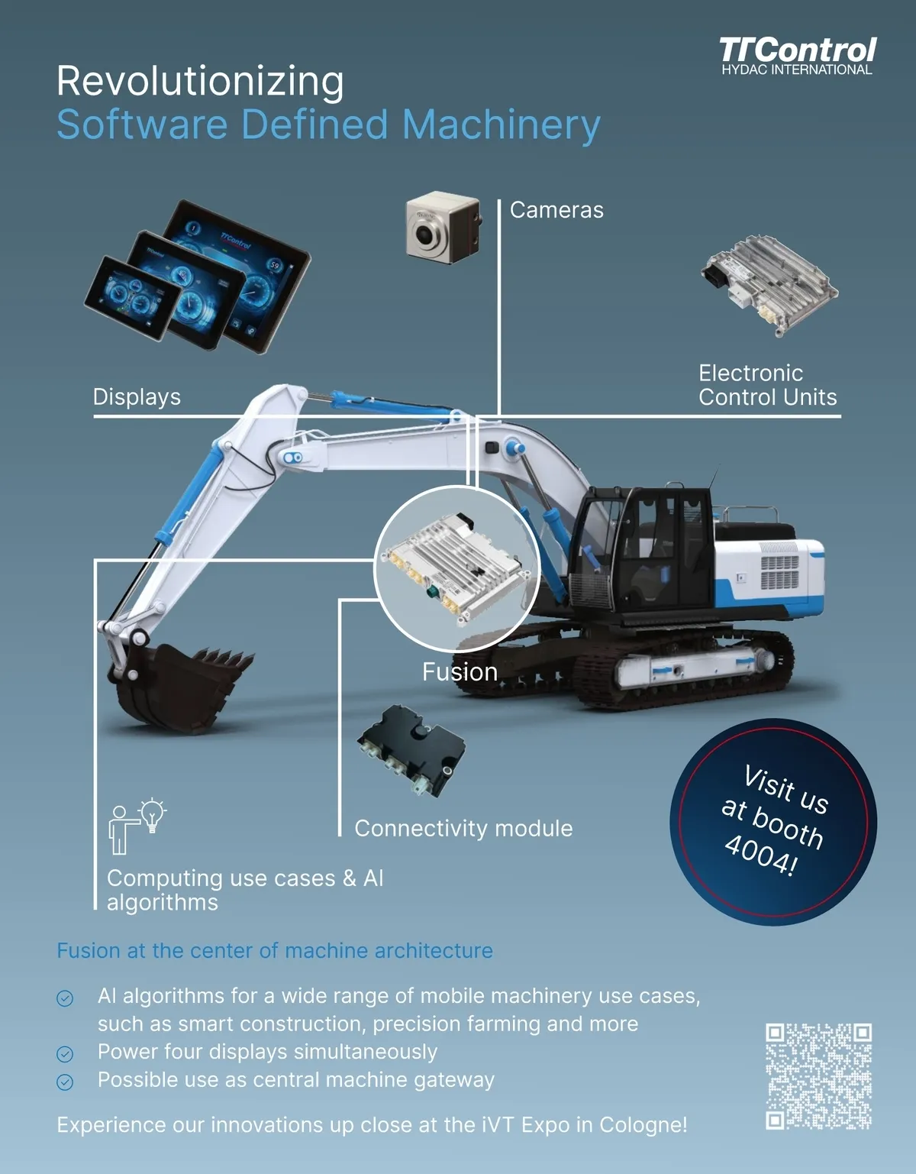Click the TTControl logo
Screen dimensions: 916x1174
coord(797,57)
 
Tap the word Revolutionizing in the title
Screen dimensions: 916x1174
coord(200,82)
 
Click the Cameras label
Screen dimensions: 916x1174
coord(556,210)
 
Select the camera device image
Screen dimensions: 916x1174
coord(443,228)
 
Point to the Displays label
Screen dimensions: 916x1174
coord(137,397)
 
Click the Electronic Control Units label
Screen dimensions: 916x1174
coord(768,385)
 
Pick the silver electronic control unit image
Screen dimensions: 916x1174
coord(769,285)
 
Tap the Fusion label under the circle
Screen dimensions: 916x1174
coord(460,672)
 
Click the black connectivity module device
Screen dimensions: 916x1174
coord(411,750)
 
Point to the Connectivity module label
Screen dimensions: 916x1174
coord(463,829)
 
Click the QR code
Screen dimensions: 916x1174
coord(818,1076)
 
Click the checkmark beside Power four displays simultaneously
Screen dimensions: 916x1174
coord(65,1053)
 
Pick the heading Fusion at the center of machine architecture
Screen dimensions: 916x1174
coord(275,950)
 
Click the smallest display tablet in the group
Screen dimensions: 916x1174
coord(132,298)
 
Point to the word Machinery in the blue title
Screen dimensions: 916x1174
coord(501,125)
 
